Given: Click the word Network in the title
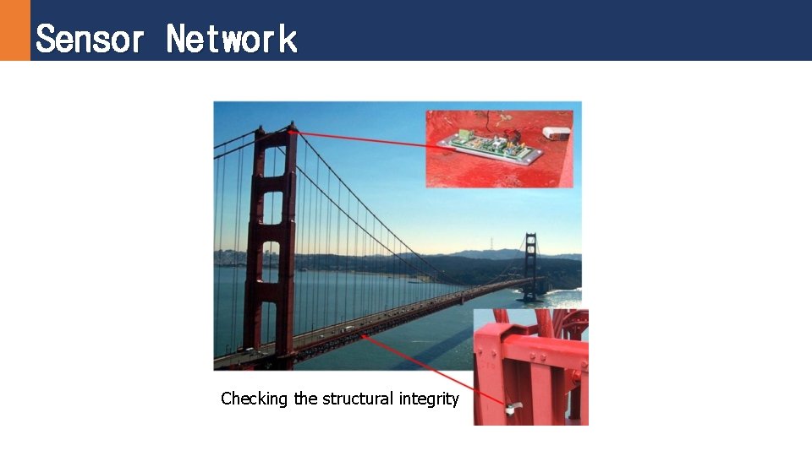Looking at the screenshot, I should pos(232,39).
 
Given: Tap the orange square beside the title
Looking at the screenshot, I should pos(14,30).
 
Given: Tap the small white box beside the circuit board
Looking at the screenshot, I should pos(556,133).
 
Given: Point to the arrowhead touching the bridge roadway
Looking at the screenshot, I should pos(365,336).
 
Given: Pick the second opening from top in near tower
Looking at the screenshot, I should pos(272,207).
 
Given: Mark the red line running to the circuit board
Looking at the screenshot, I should pos(364,139).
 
